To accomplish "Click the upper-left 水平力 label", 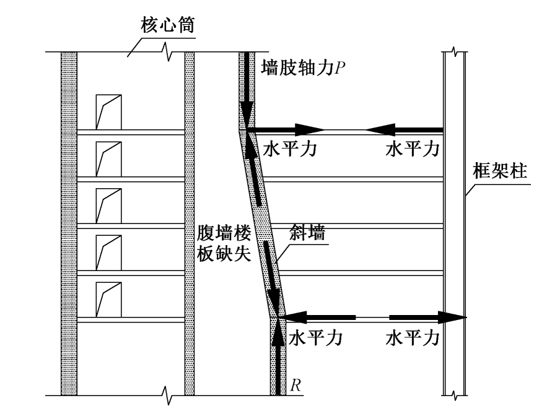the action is (290, 150).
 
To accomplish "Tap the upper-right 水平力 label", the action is (413, 150).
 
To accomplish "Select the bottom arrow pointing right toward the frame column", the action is (427, 318).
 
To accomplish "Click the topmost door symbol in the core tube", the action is (108, 112).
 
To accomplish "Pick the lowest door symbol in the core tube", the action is (108, 300).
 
